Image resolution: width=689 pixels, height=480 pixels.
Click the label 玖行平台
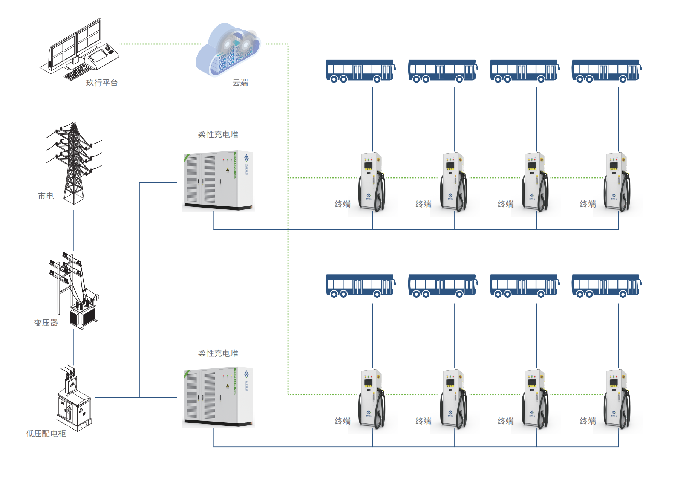click(x=102, y=83)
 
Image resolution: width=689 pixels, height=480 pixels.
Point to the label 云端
click(x=240, y=83)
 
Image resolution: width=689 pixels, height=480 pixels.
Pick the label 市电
click(x=46, y=196)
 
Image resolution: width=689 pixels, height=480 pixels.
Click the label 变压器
click(x=46, y=323)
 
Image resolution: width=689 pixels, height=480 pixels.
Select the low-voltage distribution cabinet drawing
click(x=74, y=401)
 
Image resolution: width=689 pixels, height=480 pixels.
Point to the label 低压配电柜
click(x=46, y=434)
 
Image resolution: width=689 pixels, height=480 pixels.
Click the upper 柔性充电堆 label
click(x=218, y=135)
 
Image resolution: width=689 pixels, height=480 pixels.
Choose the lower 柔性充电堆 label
click(x=218, y=353)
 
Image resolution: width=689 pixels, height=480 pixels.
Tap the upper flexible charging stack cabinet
click(x=218, y=181)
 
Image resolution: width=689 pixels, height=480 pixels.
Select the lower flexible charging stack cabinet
click(x=218, y=397)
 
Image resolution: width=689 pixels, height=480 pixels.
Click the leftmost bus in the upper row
click(x=360, y=70)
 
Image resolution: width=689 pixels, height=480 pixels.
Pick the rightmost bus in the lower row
click(x=606, y=286)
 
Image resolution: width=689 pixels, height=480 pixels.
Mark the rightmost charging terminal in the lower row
click(x=617, y=399)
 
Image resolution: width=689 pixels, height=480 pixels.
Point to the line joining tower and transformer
click(x=73, y=230)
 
